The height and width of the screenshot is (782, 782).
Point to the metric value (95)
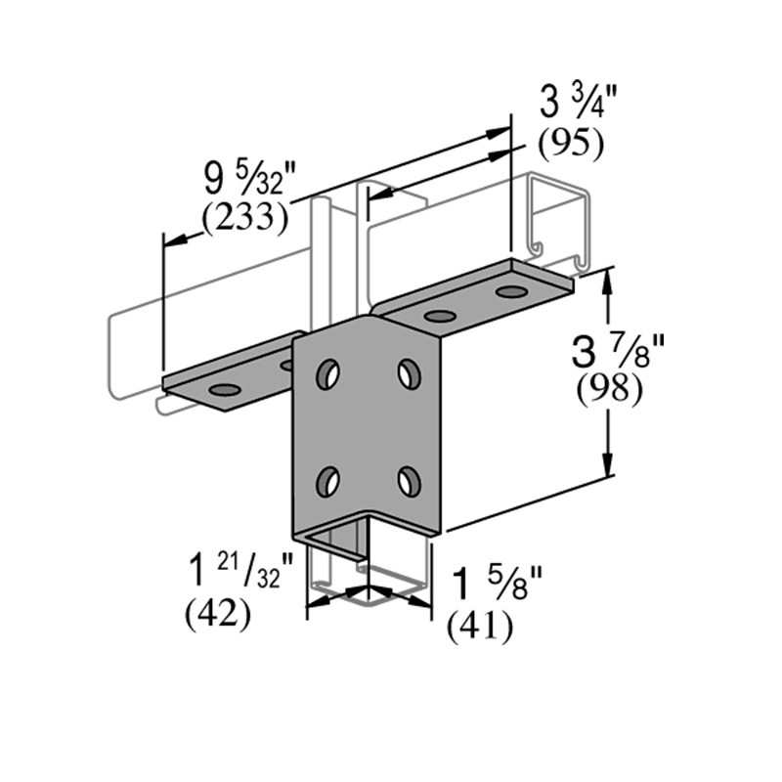pos(572,144)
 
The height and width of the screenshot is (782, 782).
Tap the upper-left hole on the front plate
pos(328,372)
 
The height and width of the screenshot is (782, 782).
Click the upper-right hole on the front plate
pos(409,372)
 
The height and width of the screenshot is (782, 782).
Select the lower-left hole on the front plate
pos(328,480)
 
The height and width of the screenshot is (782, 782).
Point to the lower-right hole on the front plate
pos(409,480)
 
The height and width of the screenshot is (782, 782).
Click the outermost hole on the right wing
pos(510,291)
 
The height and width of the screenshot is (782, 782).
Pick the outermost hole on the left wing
pos(225,390)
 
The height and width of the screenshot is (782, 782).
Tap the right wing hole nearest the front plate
pos(440,316)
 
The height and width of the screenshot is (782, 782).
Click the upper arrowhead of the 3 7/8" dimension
pos(610,279)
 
